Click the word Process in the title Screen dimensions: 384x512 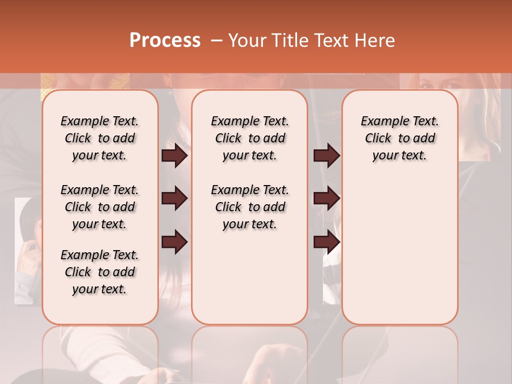pyautogui.click(x=165, y=41)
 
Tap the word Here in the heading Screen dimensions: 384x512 pyautogui.click(x=375, y=41)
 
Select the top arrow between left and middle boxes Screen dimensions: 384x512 pyautogui.click(x=174, y=156)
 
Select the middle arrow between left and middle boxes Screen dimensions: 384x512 pyautogui.click(x=174, y=199)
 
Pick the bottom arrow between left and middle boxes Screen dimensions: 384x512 pyautogui.click(x=174, y=242)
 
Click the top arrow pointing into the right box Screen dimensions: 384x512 pyautogui.click(x=326, y=156)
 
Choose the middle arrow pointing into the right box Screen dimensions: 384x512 pyautogui.click(x=326, y=199)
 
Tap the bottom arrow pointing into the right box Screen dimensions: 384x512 pyautogui.click(x=326, y=242)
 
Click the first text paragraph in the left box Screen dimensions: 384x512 pyautogui.click(x=100, y=138)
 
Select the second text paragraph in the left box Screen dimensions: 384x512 pyautogui.click(x=100, y=207)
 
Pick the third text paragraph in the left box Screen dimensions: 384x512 pyautogui.click(x=100, y=272)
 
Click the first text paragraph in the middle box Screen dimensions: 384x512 pyautogui.click(x=250, y=138)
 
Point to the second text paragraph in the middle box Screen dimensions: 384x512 pyautogui.click(x=250, y=207)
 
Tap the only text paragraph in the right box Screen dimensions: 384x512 pyautogui.click(x=400, y=138)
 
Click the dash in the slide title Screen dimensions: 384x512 pyautogui.click(x=217, y=41)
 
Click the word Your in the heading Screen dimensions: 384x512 pyautogui.click(x=247, y=41)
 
